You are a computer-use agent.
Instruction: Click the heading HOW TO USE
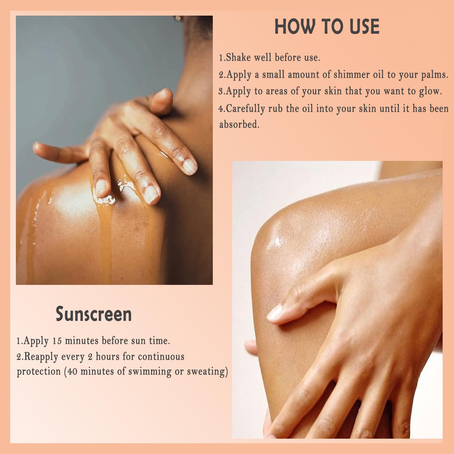(x=327, y=27)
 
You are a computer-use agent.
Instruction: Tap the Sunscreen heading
(x=94, y=314)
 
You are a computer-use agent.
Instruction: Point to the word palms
(x=434, y=75)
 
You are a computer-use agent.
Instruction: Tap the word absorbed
(x=239, y=124)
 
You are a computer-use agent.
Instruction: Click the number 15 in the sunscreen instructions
(x=57, y=341)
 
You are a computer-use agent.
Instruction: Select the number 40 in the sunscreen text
(x=72, y=371)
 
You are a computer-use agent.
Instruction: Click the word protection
(x=39, y=372)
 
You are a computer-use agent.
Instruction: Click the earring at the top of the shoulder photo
(x=178, y=18)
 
